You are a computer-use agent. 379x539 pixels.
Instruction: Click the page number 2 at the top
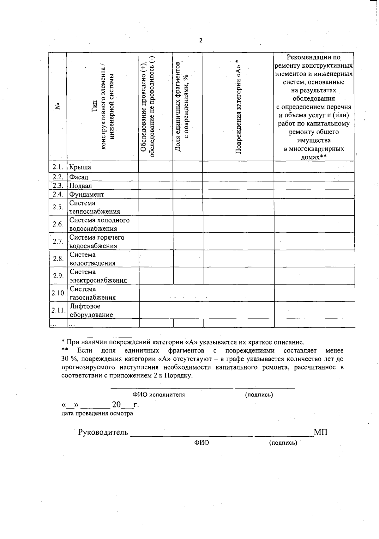coord(201,40)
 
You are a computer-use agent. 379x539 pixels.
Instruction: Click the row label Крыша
coord(80,167)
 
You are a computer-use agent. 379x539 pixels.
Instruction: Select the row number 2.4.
coord(58,194)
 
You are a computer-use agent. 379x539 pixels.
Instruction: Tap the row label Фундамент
coord(87,194)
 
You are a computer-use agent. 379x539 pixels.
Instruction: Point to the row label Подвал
coord(81,186)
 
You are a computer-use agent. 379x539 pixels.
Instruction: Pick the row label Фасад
coord(79,177)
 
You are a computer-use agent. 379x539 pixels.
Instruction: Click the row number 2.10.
coord(58,293)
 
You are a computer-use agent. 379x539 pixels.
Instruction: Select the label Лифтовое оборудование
coord(91,310)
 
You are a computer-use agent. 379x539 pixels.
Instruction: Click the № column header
coord(58,106)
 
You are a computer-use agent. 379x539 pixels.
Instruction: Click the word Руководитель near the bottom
coord(103,432)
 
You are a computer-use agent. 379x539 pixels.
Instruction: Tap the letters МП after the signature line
coord(321,432)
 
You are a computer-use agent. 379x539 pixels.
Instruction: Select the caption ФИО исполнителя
coord(159,395)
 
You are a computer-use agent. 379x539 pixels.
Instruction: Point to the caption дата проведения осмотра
coord(97,413)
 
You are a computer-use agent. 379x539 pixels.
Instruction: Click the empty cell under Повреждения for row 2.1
coord(238,167)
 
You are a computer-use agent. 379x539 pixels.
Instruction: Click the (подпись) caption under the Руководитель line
coord(283,443)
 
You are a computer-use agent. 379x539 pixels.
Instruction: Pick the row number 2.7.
coord(58,242)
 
